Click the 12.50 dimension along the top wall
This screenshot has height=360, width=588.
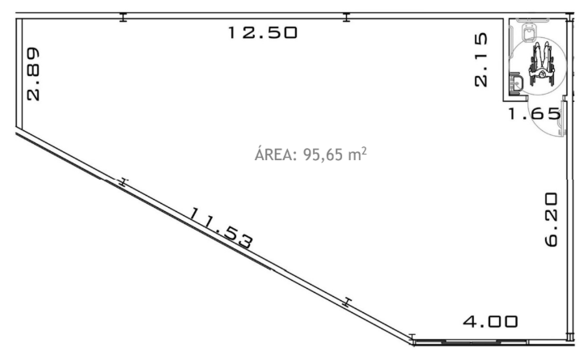(x=263, y=32)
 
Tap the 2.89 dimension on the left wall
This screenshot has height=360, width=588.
(x=33, y=74)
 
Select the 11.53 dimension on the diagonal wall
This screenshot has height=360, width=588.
(x=221, y=228)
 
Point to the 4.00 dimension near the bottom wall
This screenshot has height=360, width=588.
(x=490, y=321)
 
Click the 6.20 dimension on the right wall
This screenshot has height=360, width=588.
(x=552, y=219)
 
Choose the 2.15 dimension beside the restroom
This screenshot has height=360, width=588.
(x=480, y=60)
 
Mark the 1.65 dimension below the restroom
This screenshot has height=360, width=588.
(x=534, y=113)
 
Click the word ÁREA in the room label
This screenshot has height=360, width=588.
(x=276, y=154)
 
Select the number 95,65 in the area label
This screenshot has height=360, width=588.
(x=323, y=155)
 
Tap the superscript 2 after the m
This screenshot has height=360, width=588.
(x=364, y=150)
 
